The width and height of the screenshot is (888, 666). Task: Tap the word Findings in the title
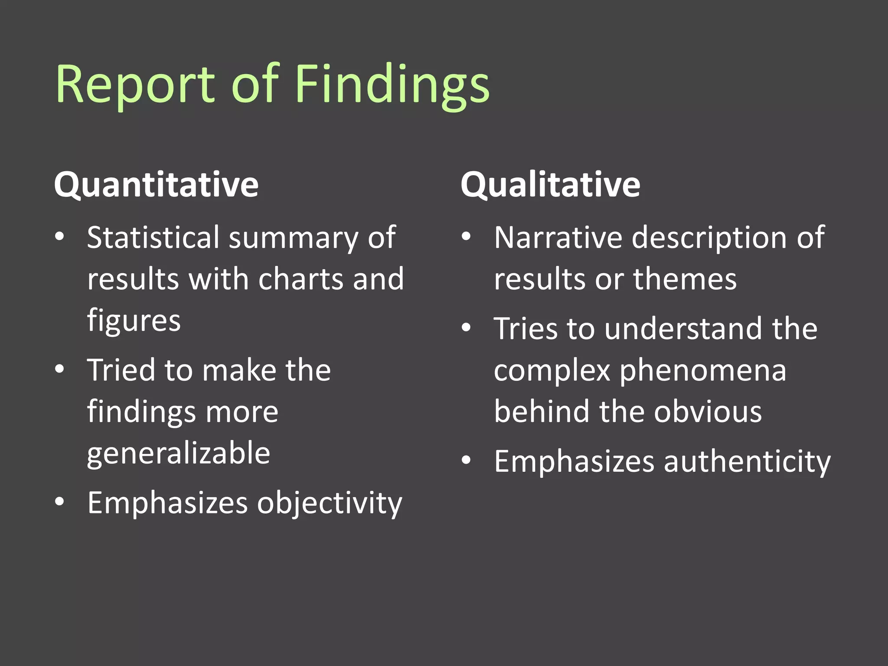392,85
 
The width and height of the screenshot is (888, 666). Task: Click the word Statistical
153,238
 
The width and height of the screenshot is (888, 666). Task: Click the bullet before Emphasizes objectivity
60,502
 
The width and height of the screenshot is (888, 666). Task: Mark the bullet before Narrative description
466,236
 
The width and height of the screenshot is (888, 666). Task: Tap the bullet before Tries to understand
466,328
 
